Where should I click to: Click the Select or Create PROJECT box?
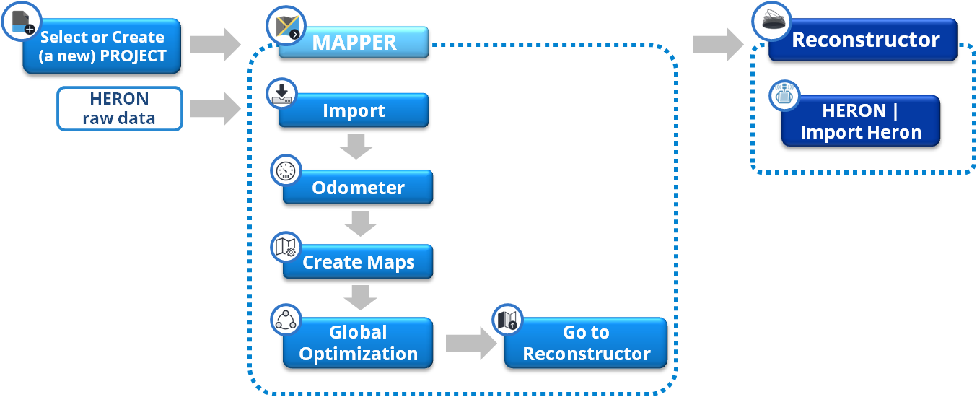pos(102,47)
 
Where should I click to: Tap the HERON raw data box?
pos(119,109)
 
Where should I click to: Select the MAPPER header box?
pos(354,42)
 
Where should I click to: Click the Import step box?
pos(354,111)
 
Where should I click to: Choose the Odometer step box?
pos(358,188)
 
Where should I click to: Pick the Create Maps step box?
pos(358,262)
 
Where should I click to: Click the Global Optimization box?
pos(358,343)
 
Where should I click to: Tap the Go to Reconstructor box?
pos(586,343)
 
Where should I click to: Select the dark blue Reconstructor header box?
pos(865,40)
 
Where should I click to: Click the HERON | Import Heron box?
pos(861,121)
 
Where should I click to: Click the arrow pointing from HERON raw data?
pos(214,109)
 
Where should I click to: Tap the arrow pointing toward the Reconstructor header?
pos(717,44)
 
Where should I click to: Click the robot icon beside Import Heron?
pos(784,95)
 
